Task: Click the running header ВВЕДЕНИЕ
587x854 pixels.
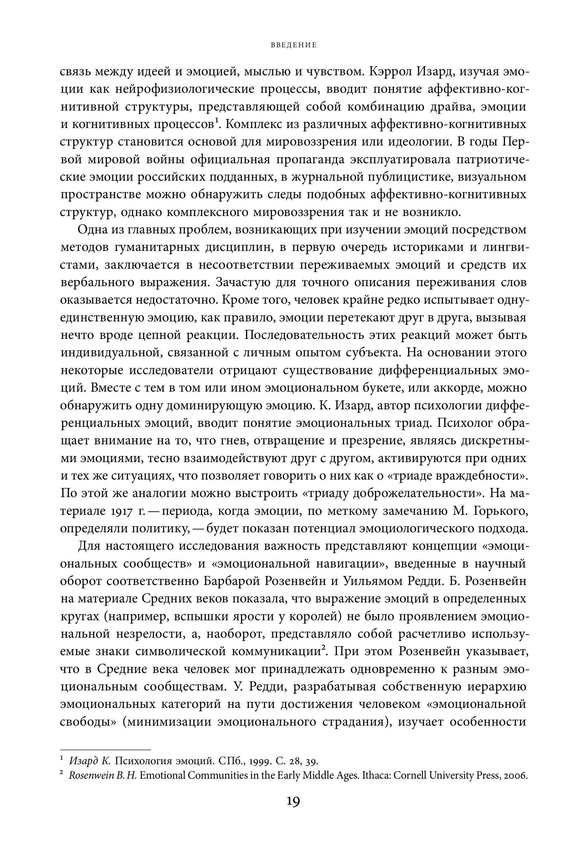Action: pyautogui.click(x=293, y=45)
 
